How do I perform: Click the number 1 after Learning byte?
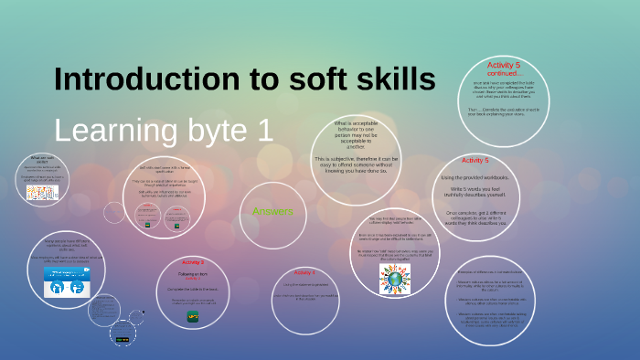point(266,130)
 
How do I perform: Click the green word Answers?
point(272,212)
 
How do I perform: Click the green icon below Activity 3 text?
point(193,316)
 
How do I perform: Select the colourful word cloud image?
point(42,194)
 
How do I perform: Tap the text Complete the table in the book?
point(193,289)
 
